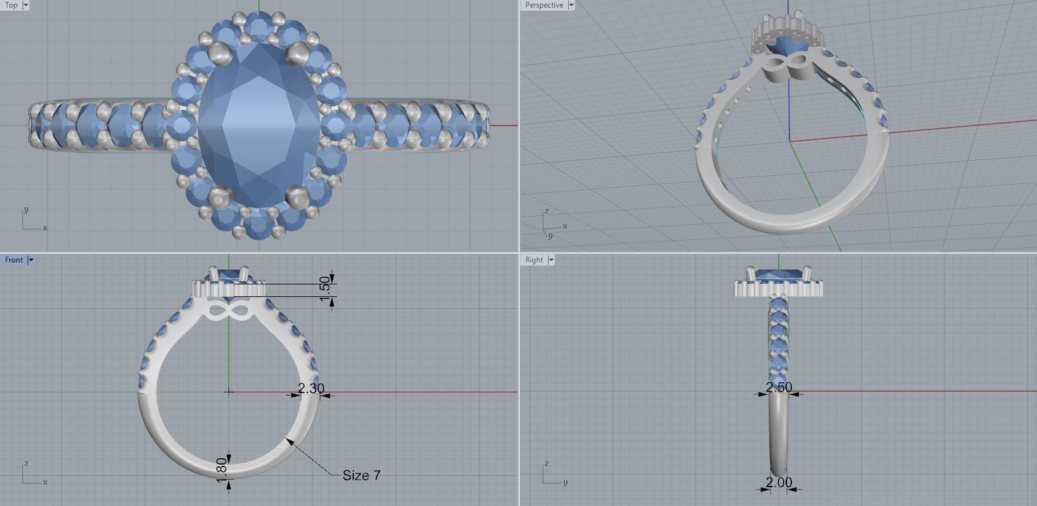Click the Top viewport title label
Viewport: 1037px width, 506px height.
tap(11, 5)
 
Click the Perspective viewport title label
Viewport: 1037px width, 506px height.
tap(544, 5)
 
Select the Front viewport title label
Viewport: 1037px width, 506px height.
tap(13, 260)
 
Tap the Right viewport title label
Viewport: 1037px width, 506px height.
tap(534, 260)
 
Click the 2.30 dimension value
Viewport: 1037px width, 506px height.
tap(310, 389)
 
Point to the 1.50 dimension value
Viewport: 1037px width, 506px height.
tap(324, 288)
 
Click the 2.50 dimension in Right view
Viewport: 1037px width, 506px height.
tap(779, 387)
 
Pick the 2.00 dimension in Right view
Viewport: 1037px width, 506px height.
tap(779, 482)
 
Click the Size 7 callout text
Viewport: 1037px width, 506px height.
tap(361, 475)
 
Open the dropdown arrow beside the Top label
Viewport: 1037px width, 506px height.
tap(26, 5)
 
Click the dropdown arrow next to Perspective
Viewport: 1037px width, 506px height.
tap(571, 5)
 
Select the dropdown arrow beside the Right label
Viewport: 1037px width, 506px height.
tap(551, 260)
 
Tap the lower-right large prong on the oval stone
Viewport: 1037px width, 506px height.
tap(297, 197)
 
